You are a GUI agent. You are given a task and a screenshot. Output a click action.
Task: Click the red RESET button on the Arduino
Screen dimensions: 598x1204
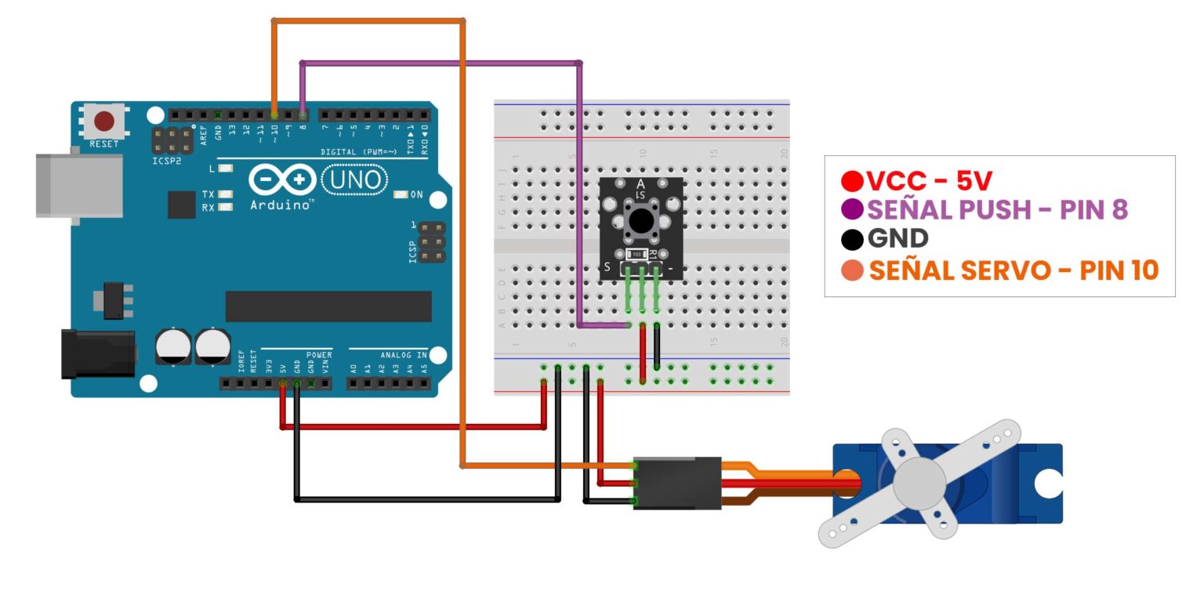pos(104,121)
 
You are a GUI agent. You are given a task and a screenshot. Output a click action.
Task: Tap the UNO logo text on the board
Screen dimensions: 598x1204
pos(355,180)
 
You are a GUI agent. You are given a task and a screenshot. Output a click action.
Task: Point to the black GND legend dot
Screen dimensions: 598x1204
pos(854,239)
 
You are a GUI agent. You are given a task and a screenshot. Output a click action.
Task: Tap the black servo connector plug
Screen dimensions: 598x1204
pos(676,484)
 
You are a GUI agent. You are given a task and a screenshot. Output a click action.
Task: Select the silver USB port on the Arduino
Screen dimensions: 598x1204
pos(78,185)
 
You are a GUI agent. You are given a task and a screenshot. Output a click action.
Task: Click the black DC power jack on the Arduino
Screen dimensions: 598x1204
pos(98,354)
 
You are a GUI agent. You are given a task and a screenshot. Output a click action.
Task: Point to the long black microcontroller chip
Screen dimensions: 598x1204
pos(328,306)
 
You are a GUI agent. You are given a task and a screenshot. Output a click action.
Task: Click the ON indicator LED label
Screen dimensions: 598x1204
pos(415,194)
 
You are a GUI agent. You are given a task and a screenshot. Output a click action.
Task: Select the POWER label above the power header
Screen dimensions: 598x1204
pos(318,354)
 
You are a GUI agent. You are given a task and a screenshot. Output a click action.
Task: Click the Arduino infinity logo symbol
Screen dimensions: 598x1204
pos(282,180)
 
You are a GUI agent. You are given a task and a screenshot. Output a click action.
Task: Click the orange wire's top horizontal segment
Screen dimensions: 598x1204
pos(368,20)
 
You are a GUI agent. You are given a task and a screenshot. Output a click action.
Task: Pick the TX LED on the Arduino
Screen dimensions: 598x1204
pos(226,194)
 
